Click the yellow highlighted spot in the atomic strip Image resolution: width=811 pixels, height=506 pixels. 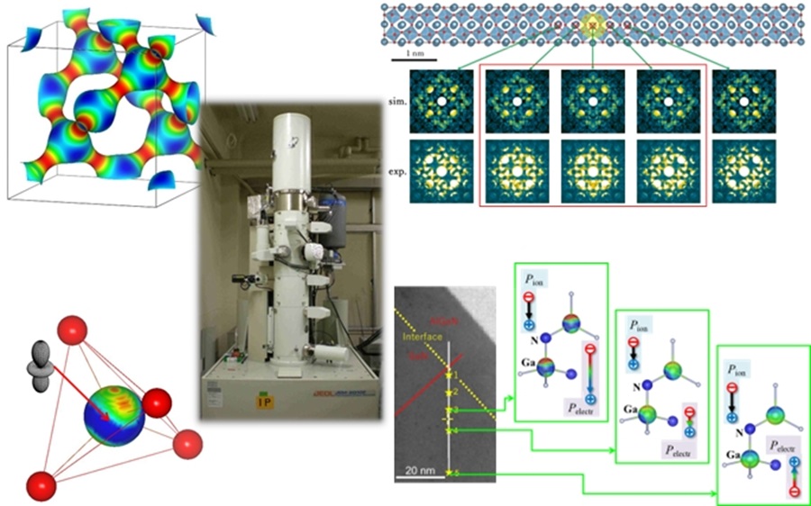[592, 23]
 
